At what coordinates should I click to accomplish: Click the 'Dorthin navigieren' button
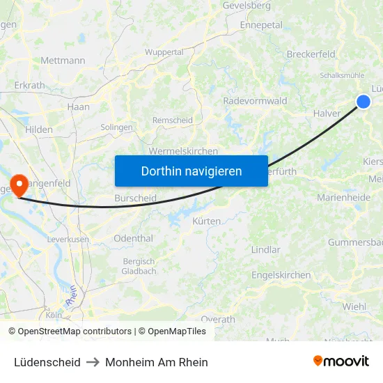point(191,171)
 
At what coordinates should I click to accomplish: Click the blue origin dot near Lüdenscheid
point(364,102)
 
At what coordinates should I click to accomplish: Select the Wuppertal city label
point(164,52)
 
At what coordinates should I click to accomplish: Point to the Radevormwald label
point(255,101)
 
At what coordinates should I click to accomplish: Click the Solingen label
point(116,127)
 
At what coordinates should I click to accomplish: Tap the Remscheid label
point(173,120)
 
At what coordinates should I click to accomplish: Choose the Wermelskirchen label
point(184,151)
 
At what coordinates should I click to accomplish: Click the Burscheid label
point(135,198)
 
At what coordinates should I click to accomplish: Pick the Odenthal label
point(133,238)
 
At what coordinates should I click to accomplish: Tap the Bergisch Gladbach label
point(139,266)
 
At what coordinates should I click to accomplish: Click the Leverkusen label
point(68,239)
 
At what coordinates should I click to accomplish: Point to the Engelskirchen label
point(281,275)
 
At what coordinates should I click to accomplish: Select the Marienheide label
point(343,198)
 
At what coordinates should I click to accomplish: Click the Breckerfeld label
point(311,54)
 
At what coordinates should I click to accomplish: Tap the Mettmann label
point(63,61)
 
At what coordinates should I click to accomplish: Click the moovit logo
point(341,361)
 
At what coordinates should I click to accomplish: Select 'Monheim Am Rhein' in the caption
point(157,362)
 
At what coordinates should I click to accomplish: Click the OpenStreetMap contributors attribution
point(75,331)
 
